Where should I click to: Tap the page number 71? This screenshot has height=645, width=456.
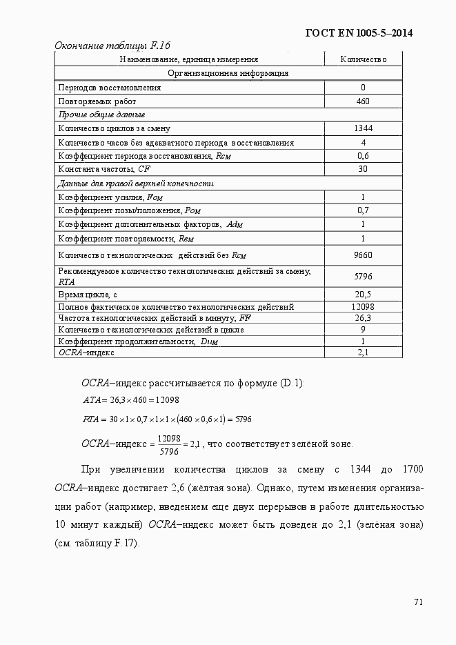pyautogui.click(x=418, y=602)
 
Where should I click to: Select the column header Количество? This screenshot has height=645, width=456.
pyautogui.click(x=363, y=60)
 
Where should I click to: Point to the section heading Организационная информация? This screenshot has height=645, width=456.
pyautogui.click(x=228, y=73)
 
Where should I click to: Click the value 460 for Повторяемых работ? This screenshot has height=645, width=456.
pyautogui.click(x=363, y=101)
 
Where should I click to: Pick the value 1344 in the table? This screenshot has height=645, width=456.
pyautogui.click(x=363, y=128)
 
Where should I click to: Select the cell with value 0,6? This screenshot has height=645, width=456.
pyautogui.click(x=363, y=156)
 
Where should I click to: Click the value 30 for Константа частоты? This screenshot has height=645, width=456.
pyautogui.click(x=363, y=169)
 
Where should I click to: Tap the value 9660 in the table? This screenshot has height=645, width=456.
pyautogui.click(x=363, y=255)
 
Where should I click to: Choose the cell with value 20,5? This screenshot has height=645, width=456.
pyautogui.click(x=363, y=295)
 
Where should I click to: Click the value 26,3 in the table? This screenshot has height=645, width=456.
pyautogui.click(x=363, y=318)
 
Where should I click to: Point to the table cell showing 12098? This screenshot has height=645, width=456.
pyautogui.click(x=363, y=306)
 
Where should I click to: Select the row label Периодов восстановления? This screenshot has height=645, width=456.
pyautogui.click(x=110, y=88)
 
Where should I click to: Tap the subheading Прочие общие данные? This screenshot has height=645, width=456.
pyautogui.click(x=101, y=115)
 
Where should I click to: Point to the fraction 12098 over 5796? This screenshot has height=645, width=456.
pyautogui.click(x=169, y=445)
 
